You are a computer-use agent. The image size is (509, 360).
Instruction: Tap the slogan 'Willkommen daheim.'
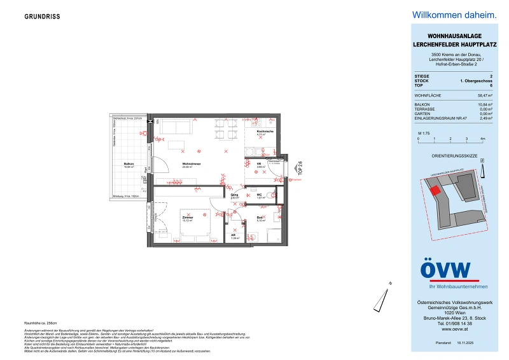(x=445, y=14)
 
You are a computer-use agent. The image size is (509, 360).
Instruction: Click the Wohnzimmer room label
(x=188, y=165)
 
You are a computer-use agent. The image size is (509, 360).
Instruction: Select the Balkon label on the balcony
(x=128, y=164)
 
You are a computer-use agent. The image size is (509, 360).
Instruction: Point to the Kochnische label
(x=265, y=132)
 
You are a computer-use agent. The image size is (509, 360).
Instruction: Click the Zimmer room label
(x=186, y=218)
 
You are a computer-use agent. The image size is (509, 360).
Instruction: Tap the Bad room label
(x=261, y=218)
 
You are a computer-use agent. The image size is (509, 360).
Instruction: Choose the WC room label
(x=260, y=196)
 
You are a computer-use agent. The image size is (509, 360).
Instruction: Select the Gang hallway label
(x=234, y=197)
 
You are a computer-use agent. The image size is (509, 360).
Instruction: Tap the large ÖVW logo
(x=445, y=271)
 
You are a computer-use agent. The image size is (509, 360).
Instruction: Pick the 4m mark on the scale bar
(x=482, y=138)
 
